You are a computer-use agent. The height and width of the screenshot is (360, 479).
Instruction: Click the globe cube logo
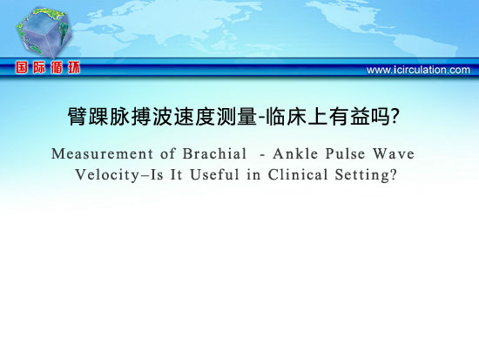coord(44,31)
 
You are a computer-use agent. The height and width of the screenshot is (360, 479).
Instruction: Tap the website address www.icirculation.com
coord(418,70)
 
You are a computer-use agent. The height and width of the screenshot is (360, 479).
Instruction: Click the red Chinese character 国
coord(22,67)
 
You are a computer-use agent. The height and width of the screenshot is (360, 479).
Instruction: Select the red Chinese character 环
coord(74,67)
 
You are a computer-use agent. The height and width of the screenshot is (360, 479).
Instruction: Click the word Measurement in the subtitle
coord(102,153)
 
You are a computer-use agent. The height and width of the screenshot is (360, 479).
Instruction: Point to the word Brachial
coord(214,153)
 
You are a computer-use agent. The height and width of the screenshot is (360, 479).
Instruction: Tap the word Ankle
coord(295,153)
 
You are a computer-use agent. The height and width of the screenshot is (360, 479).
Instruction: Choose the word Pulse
coord(345,153)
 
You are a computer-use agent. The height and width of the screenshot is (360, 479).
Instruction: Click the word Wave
coord(394,153)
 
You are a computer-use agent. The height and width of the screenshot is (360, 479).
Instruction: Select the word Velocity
coord(107,175)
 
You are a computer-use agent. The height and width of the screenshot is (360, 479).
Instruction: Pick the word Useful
coord(214,174)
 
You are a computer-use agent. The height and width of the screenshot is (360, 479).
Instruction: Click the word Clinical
coord(298,174)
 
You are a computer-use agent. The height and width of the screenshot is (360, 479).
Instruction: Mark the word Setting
coord(362,175)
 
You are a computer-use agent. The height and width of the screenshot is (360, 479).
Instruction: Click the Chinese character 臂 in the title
coord(78,117)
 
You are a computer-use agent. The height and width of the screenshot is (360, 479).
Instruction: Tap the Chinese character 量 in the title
coord(247,117)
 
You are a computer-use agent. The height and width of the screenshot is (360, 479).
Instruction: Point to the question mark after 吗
coord(395,116)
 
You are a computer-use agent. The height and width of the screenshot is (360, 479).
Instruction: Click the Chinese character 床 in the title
coord(297,117)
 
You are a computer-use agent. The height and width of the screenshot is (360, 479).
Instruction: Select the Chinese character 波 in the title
coord(163,117)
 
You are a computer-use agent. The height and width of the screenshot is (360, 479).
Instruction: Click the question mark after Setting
coord(393,174)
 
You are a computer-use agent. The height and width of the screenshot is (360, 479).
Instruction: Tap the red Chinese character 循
coord(57,67)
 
